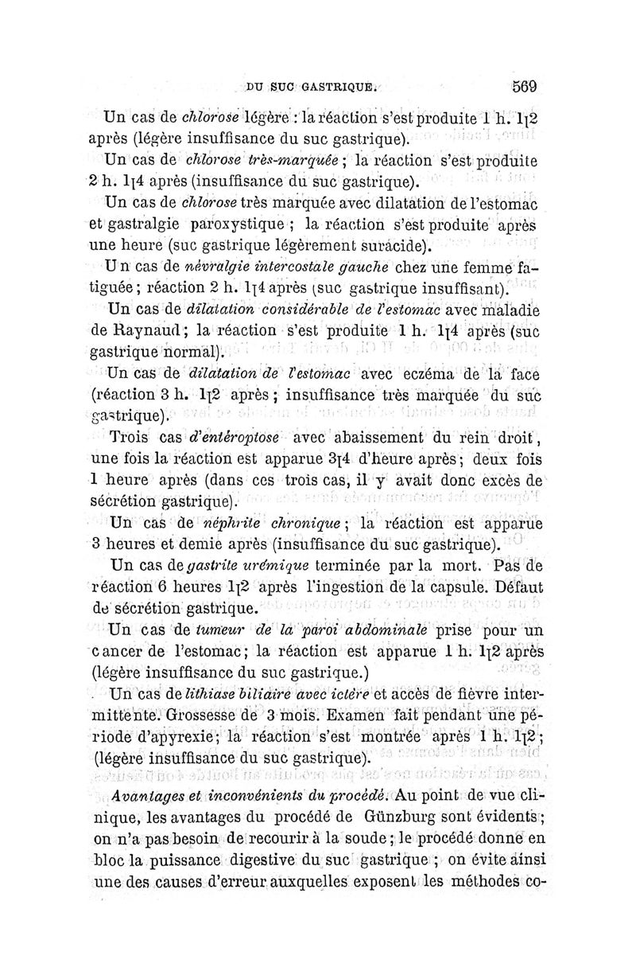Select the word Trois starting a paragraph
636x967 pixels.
coord(131,437)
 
